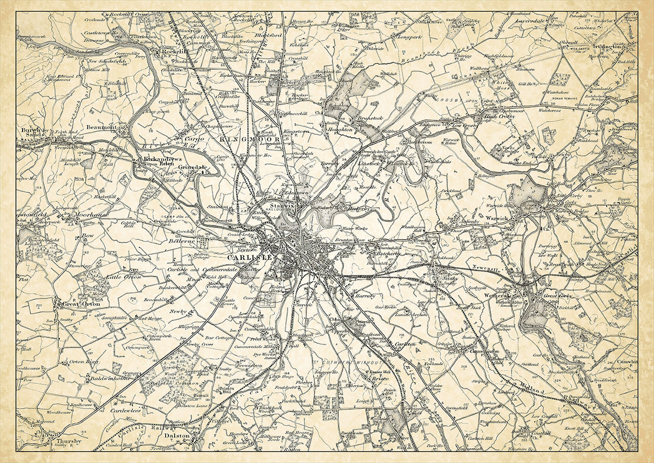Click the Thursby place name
click(x=68, y=441)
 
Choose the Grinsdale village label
click(x=192, y=167)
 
